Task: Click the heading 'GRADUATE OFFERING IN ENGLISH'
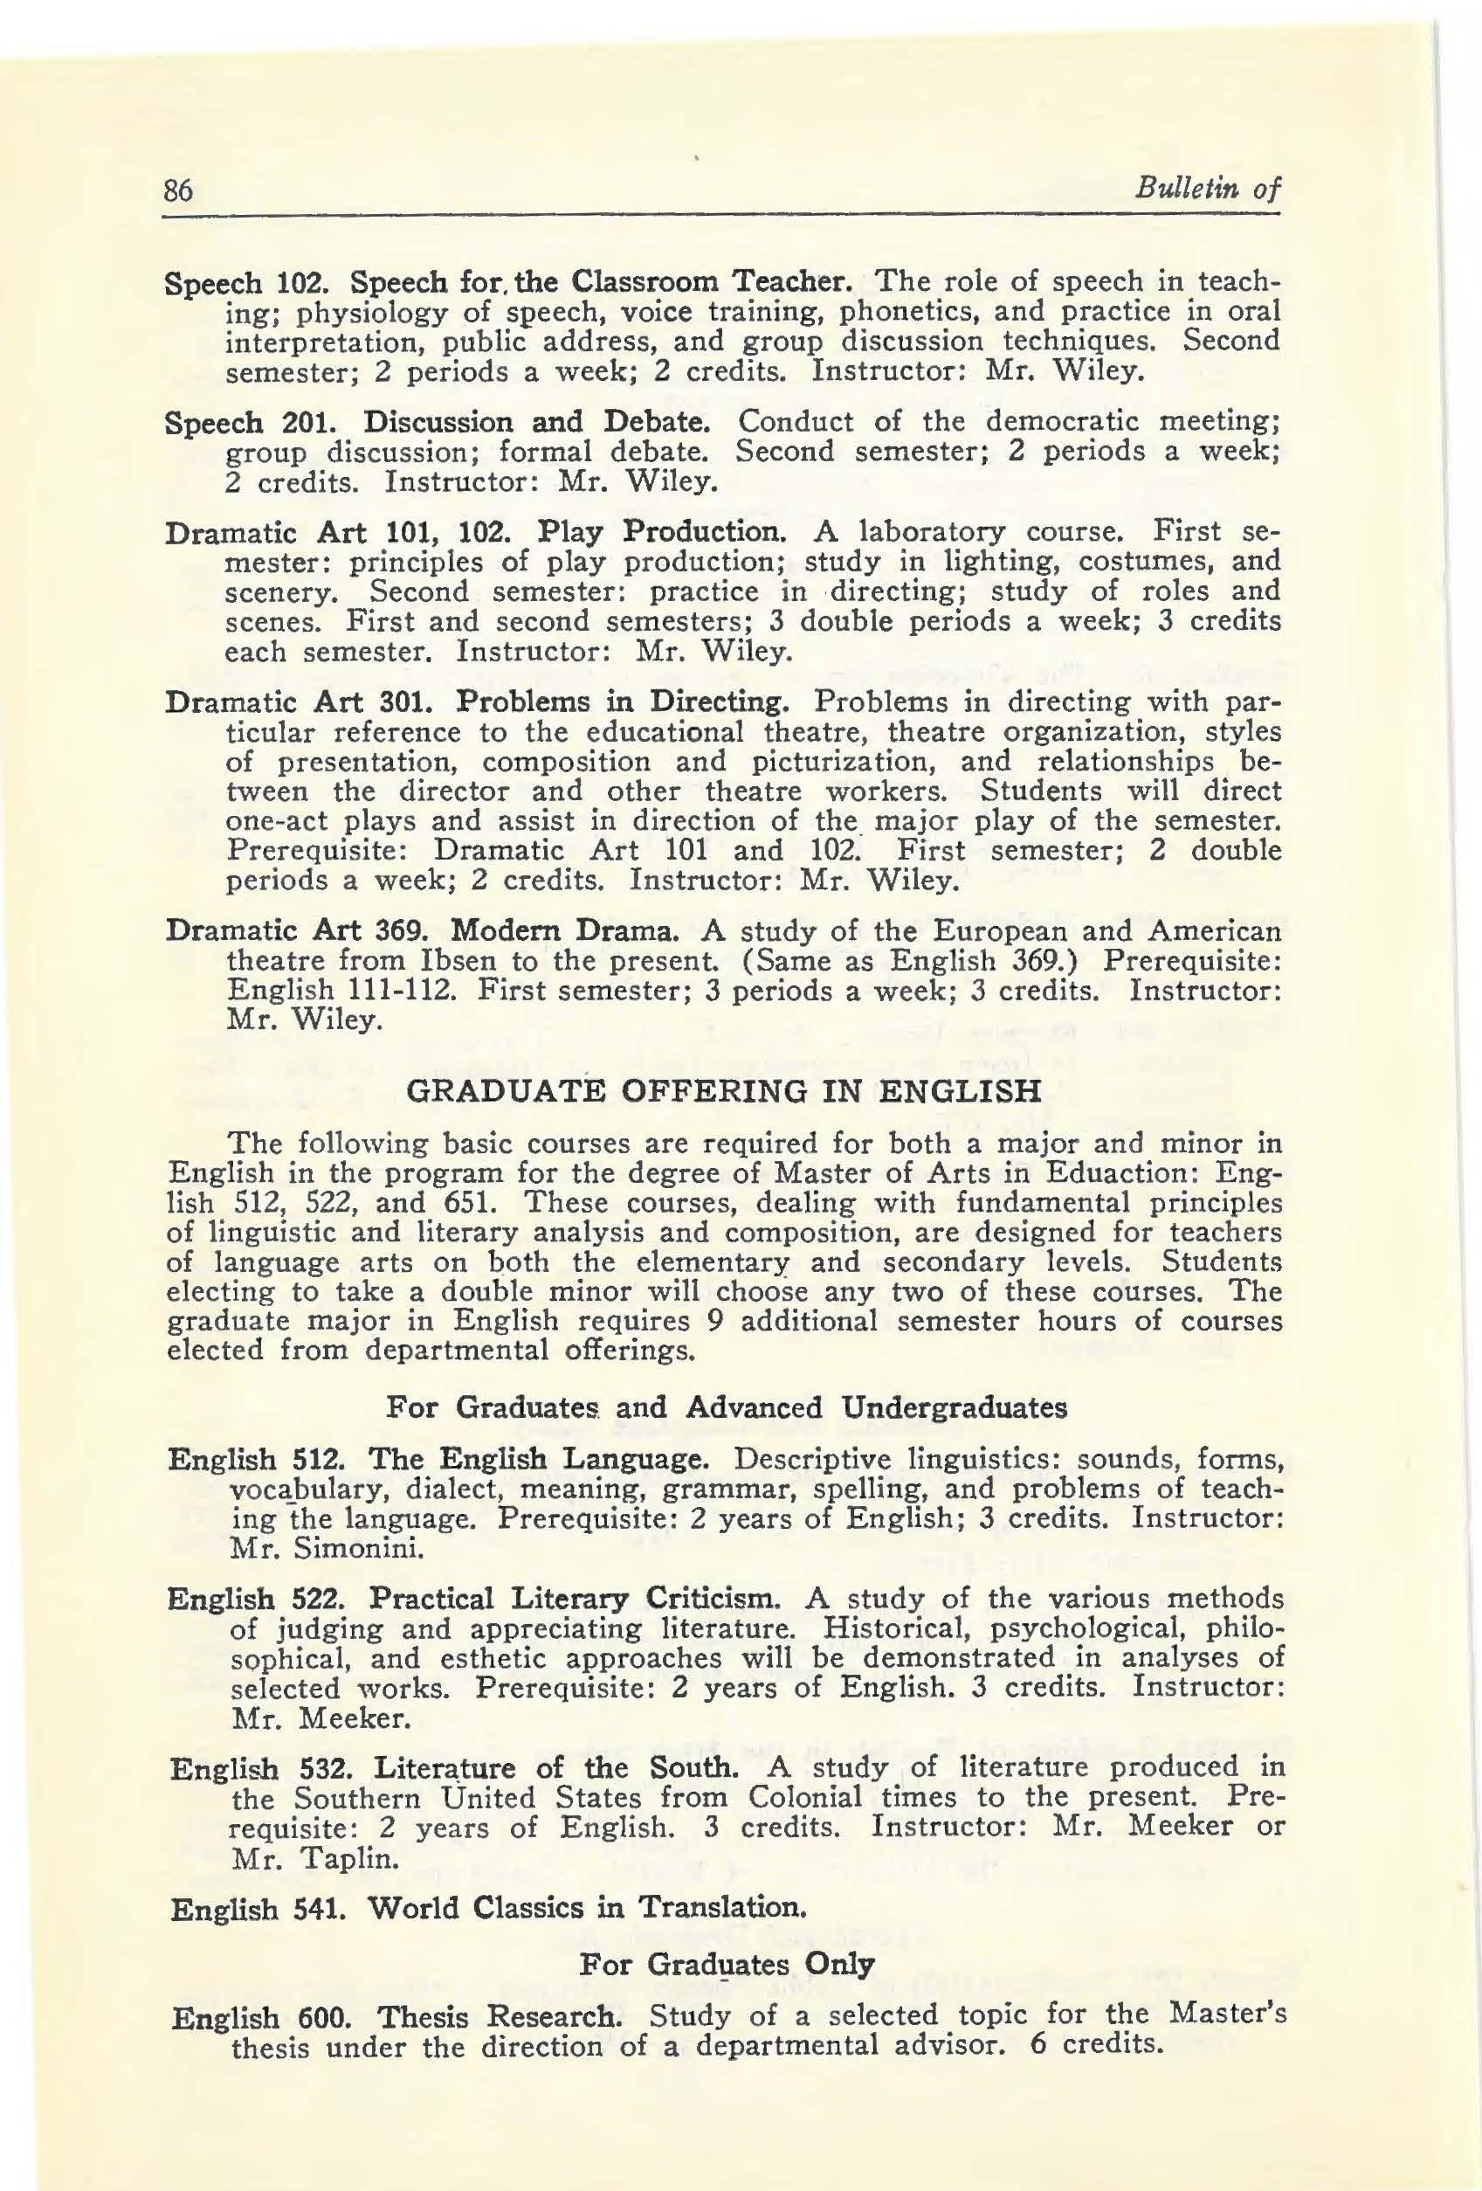coord(723,1091)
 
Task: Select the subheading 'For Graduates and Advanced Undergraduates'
coord(727,1407)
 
